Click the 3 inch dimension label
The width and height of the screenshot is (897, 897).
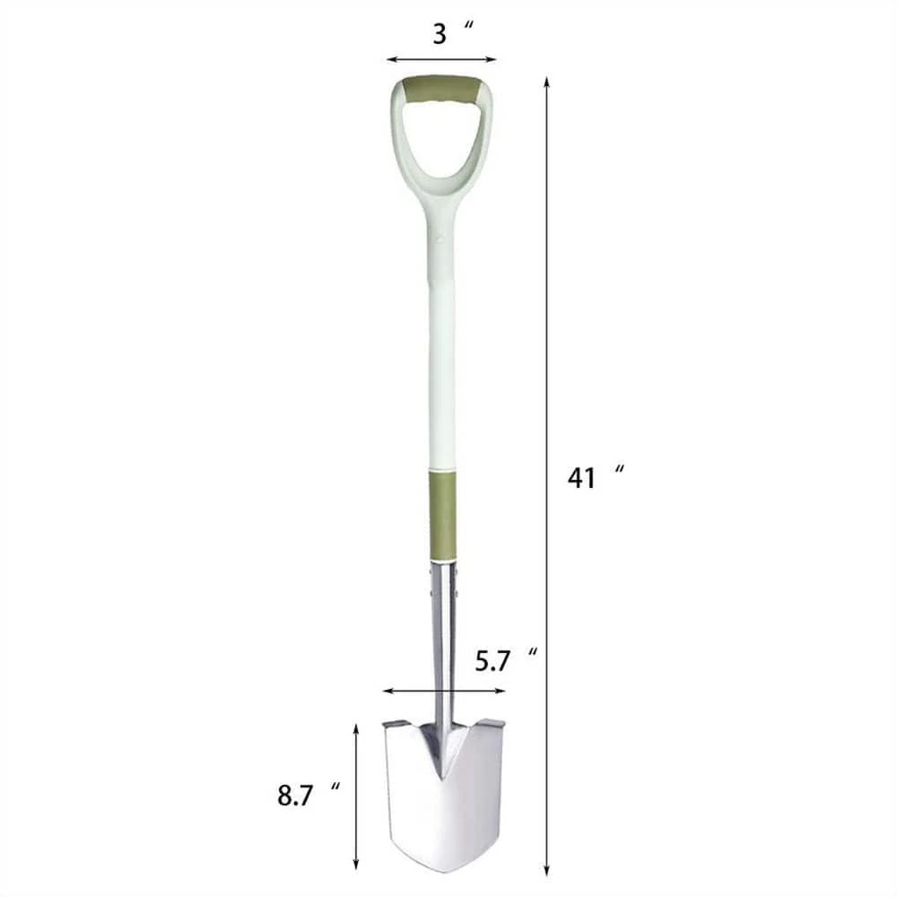451,35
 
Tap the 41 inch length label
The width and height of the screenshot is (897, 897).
593,477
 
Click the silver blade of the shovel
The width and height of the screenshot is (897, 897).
444,807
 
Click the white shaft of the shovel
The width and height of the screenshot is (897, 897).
441,377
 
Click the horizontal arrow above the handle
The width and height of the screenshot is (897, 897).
441,60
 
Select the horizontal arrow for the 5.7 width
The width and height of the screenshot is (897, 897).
443,691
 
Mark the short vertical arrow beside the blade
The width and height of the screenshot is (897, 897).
356,797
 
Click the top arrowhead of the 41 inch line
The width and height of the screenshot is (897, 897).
546,83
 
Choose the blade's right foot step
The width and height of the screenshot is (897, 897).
492,722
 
